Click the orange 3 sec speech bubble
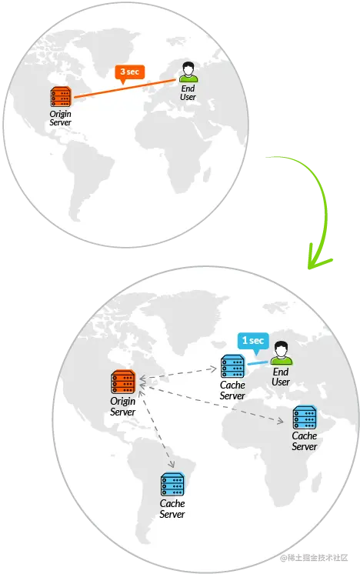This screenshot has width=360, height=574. click(x=130, y=73)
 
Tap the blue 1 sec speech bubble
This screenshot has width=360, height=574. click(x=253, y=342)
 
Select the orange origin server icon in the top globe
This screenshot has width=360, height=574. click(x=61, y=97)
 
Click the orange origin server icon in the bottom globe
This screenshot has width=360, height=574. click(x=123, y=382)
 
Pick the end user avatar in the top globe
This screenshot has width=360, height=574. click(x=188, y=72)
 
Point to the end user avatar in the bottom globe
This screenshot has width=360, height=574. click(x=282, y=353)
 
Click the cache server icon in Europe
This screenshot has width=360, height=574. click(x=232, y=366)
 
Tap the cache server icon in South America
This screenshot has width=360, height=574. click(x=172, y=484)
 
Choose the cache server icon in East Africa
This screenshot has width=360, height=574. click(x=305, y=417)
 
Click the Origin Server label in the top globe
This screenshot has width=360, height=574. click(x=60, y=118)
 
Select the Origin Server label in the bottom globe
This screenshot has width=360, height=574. click(x=123, y=406)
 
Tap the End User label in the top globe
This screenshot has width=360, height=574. click(x=188, y=92)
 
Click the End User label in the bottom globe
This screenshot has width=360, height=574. click(x=281, y=377)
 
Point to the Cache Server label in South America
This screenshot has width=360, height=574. click(x=172, y=509)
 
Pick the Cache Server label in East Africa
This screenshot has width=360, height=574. click(x=305, y=441)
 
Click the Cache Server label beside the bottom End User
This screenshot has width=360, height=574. click(x=232, y=390)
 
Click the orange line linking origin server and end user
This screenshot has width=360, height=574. click(x=125, y=88)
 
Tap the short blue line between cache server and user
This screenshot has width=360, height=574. click(x=258, y=363)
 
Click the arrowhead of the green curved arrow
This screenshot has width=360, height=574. click(x=316, y=258)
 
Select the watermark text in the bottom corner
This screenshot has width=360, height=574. click(x=314, y=558)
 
